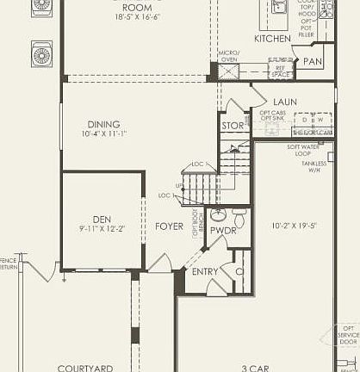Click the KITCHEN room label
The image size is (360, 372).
click(273, 39)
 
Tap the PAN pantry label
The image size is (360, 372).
click(311, 63)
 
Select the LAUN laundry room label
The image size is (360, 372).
click(285, 102)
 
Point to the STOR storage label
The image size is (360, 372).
click(233, 126)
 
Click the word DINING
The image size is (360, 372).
click(103, 123)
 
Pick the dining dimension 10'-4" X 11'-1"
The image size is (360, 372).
click(104, 133)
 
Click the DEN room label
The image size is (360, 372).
click(102, 219)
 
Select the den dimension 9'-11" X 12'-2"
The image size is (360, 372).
click(102, 229)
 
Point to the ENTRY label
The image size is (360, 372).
click(205, 272)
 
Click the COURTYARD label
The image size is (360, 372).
click(85, 368)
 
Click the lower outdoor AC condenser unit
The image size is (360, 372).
click(42, 56)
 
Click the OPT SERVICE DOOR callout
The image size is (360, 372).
click(348, 334)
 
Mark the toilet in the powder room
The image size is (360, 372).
click(239, 213)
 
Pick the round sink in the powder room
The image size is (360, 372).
click(219, 213)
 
